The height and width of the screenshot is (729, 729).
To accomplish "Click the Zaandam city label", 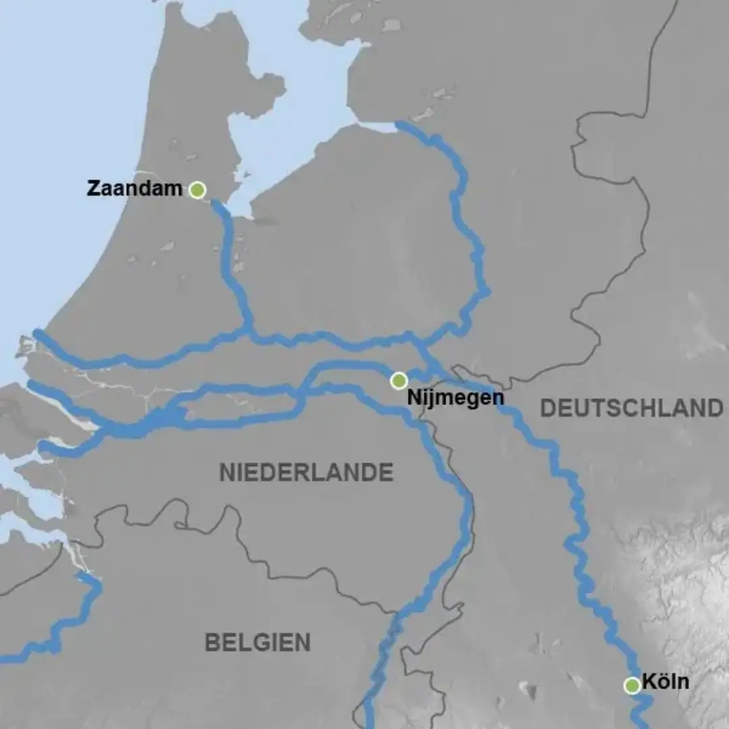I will coord(134,188).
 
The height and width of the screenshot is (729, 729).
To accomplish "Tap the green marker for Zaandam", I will coord(197,190).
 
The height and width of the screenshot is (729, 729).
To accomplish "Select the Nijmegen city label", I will coord(455,398).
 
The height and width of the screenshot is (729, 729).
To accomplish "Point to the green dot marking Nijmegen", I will coord(399,381).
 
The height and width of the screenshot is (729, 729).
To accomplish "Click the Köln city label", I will coord(666,682).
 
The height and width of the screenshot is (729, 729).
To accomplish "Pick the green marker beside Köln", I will coord(632,686).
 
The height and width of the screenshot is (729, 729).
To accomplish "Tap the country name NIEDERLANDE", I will coord(306,473).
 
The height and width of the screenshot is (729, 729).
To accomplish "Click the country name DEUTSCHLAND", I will coord(632,408).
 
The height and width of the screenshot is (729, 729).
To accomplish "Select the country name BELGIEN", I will coord(258,643).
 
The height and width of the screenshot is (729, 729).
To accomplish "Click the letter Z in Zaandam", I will coord(93,188).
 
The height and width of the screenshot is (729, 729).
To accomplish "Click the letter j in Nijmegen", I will coord(427,399).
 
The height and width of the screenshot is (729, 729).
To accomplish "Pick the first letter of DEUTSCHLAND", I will coord(548,408).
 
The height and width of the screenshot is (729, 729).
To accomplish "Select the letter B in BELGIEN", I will coord(212,643).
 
